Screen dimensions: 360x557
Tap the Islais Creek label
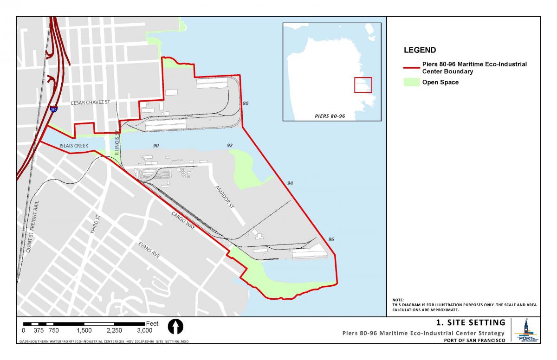(73, 145)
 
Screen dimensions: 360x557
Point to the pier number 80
(246, 103)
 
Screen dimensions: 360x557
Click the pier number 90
(156, 146)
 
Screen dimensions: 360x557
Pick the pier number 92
(229, 146)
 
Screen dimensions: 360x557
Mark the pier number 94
(290, 184)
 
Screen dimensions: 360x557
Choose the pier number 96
(331, 239)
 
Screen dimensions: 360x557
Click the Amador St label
(224, 197)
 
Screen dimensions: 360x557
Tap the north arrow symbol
(176, 328)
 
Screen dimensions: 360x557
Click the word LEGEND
(420, 50)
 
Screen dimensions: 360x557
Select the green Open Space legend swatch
(411, 83)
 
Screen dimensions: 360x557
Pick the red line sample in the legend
(411, 68)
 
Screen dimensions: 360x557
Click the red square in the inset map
(363, 85)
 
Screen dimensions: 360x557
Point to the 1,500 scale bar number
(84, 331)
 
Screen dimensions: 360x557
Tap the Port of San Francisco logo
(525, 331)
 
